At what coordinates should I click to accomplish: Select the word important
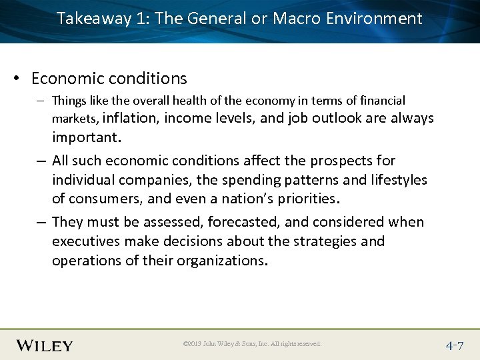pyautogui.click(x=86, y=137)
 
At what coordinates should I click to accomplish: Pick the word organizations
pyautogui.click(x=222, y=260)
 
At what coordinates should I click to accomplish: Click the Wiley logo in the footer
pyautogui.click(x=44, y=345)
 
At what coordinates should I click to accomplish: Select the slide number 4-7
pyautogui.click(x=455, y=345)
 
